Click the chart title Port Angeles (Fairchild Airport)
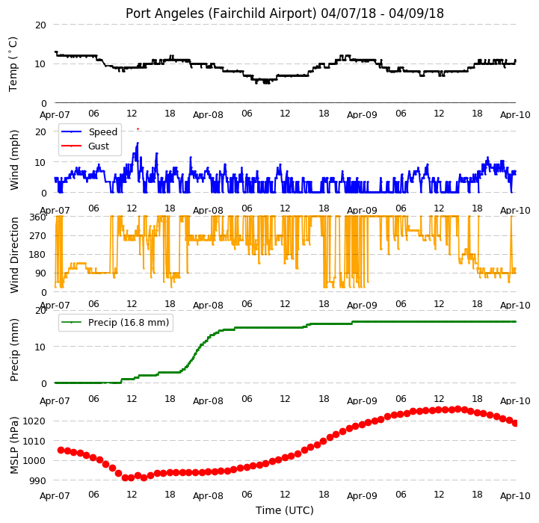tap(221, 13)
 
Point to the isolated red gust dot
tap(138, 129)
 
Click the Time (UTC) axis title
tap(285, 510)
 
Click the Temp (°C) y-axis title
tap(13, 64)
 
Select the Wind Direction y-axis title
tap(14, 255)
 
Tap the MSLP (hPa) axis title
tap(14, 445)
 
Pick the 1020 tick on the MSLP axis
tap(34, 421)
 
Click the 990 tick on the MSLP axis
tap(38, 480)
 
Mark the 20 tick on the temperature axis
tap(40, 25)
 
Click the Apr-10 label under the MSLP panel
tap(515, 496)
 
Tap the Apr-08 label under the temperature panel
tap(208, 115)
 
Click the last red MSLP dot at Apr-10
tap(515, 424)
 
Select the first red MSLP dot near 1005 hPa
tap(61, 450)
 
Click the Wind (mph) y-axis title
tap(14, 160)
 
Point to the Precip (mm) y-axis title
tap(14, 350)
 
